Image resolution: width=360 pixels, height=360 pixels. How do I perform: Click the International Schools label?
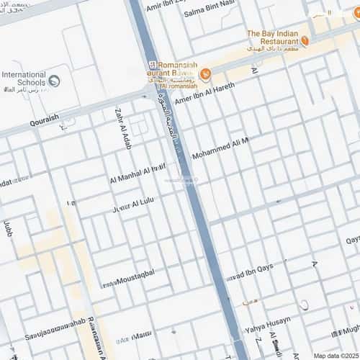click(x=24, y=78)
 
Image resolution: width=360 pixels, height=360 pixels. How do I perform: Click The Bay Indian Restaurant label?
click(x=272, y=37)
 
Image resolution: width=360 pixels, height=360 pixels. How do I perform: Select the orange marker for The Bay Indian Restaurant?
click(x=305, y=41)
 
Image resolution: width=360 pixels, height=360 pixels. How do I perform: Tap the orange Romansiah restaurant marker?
click(x=206, y=73)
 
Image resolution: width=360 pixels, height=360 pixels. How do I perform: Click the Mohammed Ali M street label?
click(x=220, y=150)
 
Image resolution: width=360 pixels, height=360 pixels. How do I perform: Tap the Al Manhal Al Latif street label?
click(x=138, y=174)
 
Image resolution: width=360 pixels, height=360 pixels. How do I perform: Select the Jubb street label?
click(x=8, y=230)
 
